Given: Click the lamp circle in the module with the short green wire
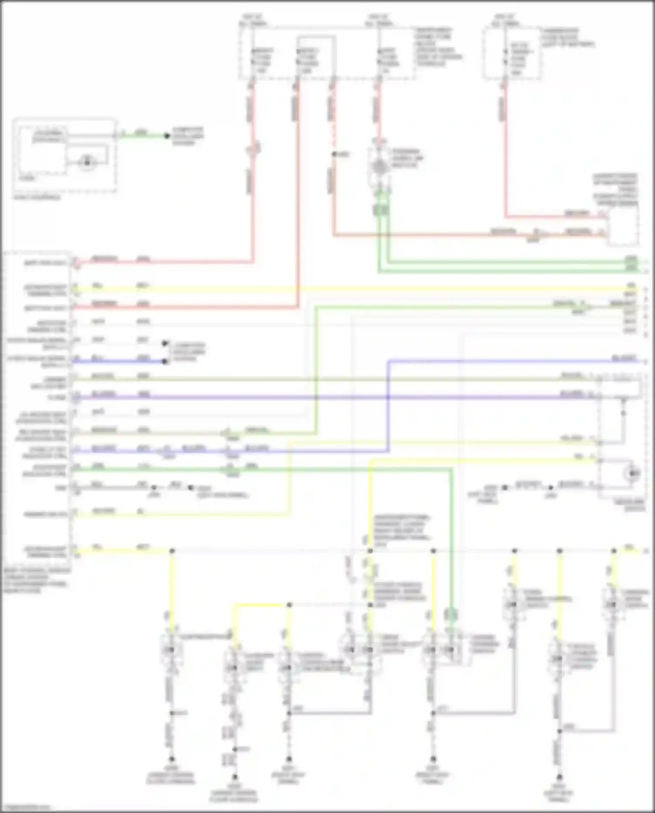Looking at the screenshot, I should (x=87, y=163).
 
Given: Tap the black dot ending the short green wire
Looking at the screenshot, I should (x=166, y=136).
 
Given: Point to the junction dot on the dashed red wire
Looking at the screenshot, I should (x=334, y=154).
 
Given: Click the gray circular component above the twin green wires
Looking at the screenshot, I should (x=379, y=166).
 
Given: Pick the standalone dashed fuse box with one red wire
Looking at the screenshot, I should (x=512, y=54).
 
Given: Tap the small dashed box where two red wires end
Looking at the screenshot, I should (x=623, y=226).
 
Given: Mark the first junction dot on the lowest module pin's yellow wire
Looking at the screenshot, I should (x=172, y=551).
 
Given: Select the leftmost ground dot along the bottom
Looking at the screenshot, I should (x=172, y=759).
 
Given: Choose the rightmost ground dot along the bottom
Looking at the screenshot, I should (x=559, y=777).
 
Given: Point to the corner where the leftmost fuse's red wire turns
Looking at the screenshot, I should (x=253, y=262).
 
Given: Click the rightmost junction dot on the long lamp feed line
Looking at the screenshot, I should (x=614, y=551).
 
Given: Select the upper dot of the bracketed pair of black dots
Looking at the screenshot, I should (x=165, y=343).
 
